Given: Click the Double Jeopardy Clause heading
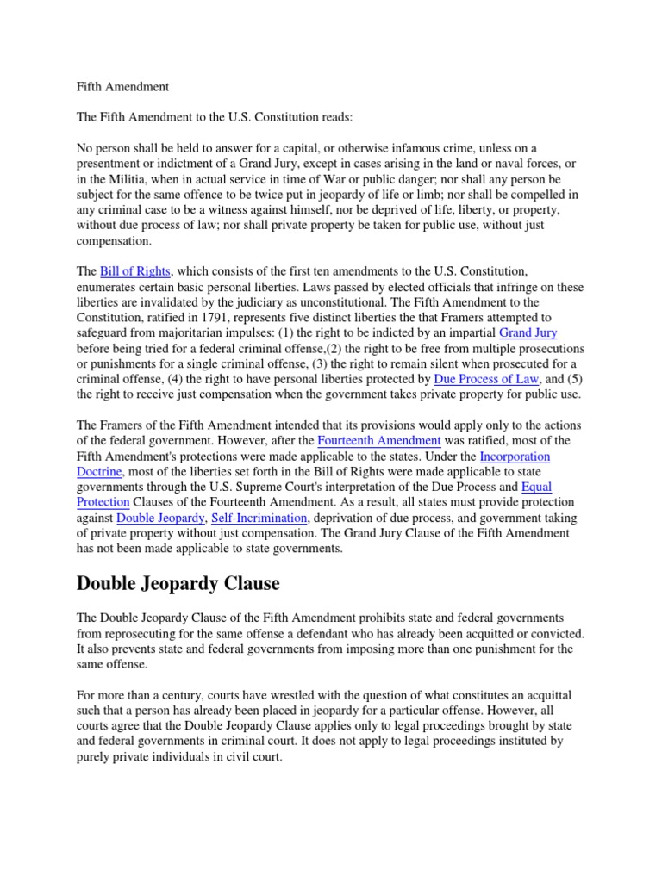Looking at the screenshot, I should tap(178, 584).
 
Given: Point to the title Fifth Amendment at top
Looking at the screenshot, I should tap(122, 87).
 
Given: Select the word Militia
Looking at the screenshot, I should tap(137, 179).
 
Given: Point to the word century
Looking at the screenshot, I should tap(185, 695).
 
